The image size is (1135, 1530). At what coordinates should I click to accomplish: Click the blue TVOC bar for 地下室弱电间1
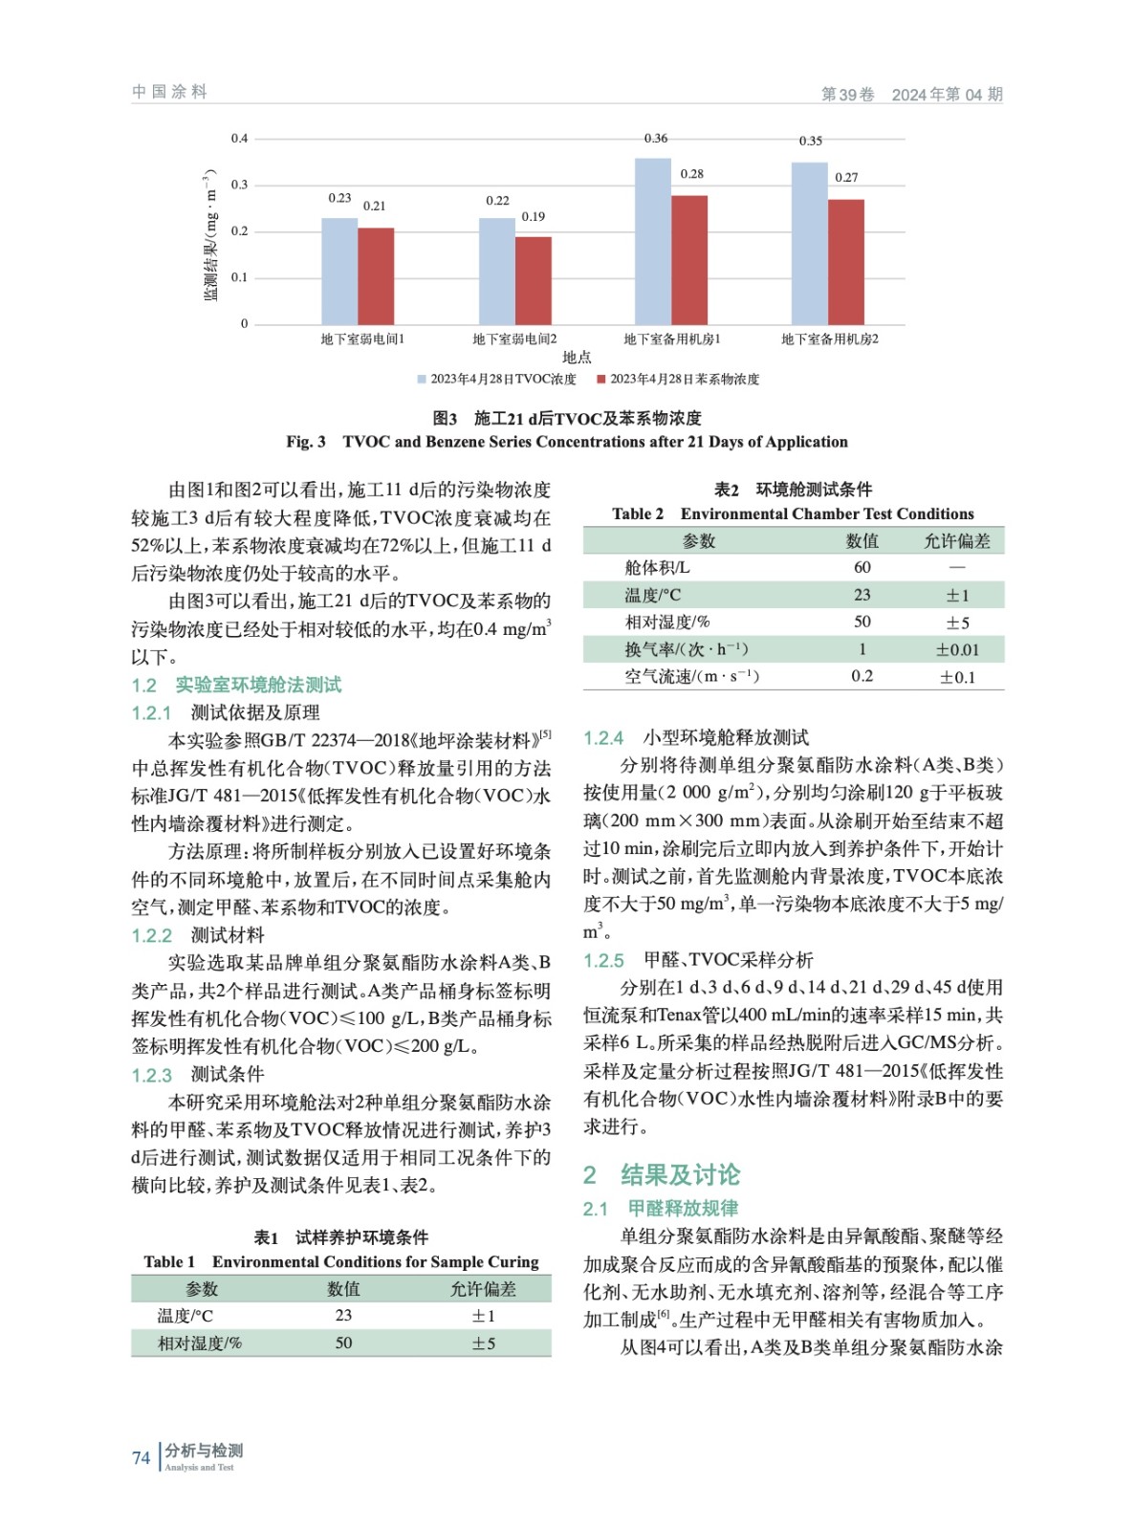[x=339, y=272]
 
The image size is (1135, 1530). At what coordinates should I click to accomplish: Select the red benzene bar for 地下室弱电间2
[x=534, y=280]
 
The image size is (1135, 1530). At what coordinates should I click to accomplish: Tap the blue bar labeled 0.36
[x=653, y=242]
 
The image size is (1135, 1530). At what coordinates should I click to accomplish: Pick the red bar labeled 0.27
[x=845, y=262]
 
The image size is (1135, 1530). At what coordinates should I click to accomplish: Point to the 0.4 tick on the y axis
[x=239, y=139]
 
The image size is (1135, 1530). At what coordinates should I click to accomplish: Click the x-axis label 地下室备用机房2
[x=829, y=339]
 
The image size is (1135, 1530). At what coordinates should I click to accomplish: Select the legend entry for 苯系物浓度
[x=678, y=380]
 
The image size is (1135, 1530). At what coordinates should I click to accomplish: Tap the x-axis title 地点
[x=577, y=358]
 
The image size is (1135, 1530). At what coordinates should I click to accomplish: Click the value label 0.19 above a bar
[x=534, y=217]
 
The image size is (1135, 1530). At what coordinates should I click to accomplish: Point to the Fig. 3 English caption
[x=567, y=442]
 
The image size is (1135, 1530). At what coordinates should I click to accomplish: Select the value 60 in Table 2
[x=862, y=568]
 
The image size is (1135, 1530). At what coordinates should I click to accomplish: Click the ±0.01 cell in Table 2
[x=956, y=650]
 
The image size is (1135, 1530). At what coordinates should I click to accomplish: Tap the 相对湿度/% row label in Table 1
[x=200, y=1344]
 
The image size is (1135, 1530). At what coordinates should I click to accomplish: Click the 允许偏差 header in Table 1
[x=483, y=1289]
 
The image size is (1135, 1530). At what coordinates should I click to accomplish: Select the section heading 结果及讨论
[x=680, y=1175]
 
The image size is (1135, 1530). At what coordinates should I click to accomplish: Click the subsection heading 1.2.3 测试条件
[x=199, y=1075]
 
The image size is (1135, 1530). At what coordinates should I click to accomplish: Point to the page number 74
[x=142, y=1457]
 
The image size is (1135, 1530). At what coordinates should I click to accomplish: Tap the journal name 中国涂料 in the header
[x=170, y=92]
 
